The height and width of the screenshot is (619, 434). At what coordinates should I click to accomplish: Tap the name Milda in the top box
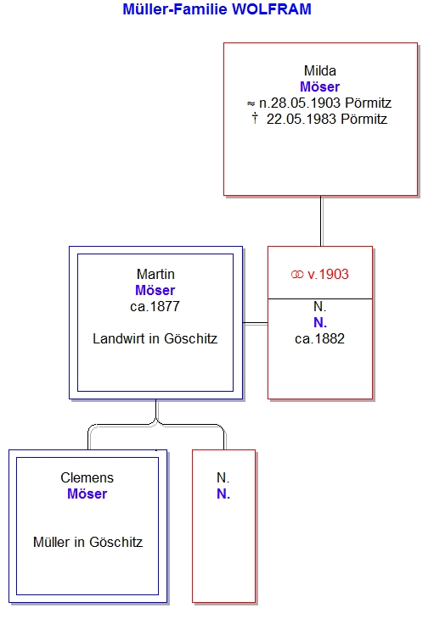pyautogui.click(x=320, y=70)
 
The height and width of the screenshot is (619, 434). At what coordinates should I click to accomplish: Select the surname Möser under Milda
pyautogui.click(x=320, y=86)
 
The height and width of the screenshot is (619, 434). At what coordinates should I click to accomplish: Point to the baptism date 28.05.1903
pyautogui.click(x=300, y=103)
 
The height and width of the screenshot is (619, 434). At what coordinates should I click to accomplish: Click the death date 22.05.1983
pyautogui.click(x=302, y=119)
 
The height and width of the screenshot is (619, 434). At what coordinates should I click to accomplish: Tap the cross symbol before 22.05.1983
pyautogui.click(x=255, y=118)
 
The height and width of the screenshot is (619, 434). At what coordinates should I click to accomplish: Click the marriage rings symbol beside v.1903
pyautogui.click(x=297, y=275)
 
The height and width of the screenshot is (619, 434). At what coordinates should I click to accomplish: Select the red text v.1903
pyautogui.click(x=328, y=275)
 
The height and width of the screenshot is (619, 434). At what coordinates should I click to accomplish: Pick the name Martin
pyautogui.click(x=155, y=274)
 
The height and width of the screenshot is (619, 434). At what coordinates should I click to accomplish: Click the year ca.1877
pyautogui.click(x=155, y=306)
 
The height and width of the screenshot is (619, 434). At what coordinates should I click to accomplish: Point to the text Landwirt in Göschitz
pyautogui.click(x=155, y=338)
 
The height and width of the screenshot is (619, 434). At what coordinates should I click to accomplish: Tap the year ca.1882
pyautogui.click(x=320, y=338)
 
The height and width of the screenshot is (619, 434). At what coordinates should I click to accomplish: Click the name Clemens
pyautogui.click(x=87, y=477)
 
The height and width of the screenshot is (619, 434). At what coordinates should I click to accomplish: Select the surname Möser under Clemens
pyautogui.click(x=87, y=494)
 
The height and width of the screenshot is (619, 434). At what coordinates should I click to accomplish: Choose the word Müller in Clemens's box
pyautogui.click(x=52, y=542)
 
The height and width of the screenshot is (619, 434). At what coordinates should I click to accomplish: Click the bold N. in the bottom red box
pyautogui.click(x=223, y=494)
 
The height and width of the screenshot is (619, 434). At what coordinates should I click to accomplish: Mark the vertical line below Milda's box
pyautogui.click(x=321, y=221)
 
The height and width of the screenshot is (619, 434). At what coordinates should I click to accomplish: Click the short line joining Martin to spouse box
pyautogui.click(x=256, y=323)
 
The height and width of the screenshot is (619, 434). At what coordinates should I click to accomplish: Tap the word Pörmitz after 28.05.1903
pyautogui.click(x=368, y=103)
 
